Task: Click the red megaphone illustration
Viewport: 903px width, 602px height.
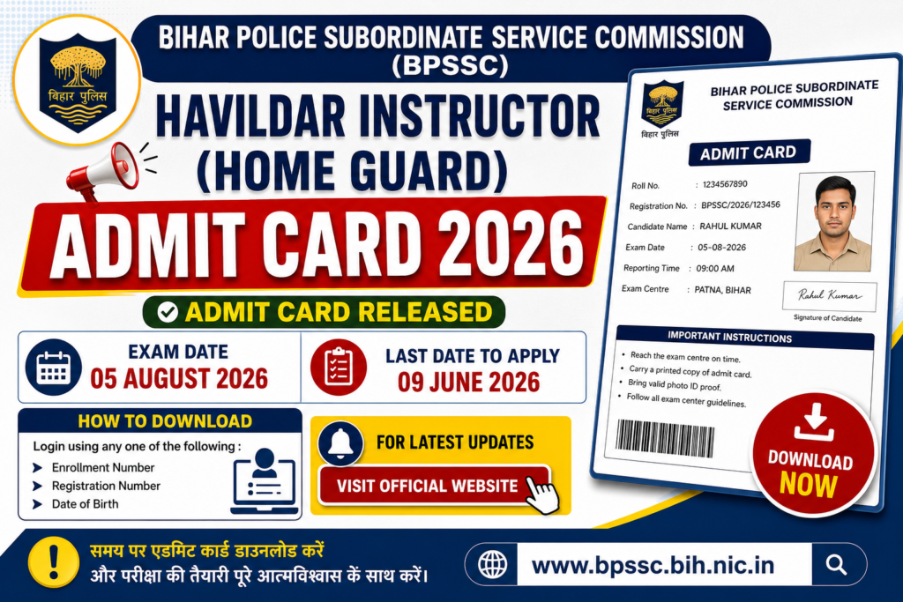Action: coord(104,171)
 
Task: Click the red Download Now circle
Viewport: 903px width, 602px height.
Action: coord(813,454)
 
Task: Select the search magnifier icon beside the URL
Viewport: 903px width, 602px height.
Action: coord(836,565)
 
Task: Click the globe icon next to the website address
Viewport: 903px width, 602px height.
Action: coord(492,565)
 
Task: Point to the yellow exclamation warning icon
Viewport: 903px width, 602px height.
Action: coord(54,561)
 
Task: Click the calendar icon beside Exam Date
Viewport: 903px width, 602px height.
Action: coord(54,368)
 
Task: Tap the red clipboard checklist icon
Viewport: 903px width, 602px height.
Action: coord(339,368)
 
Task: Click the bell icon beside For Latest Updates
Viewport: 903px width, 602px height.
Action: coord(340,443)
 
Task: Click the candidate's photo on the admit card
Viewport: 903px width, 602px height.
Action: coord(834,222)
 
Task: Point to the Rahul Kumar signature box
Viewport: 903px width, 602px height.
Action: coord(829,296)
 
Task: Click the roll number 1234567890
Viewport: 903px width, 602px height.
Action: coord(725,184)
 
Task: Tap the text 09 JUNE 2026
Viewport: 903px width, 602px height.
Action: coord(469,383)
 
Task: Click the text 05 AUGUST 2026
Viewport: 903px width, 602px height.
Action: coord(179,378)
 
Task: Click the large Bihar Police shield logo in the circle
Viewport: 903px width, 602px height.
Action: coord(78,82)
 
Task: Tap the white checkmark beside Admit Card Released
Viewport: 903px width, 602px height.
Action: coord(168,313)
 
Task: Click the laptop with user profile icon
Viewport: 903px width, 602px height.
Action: coord(265,481)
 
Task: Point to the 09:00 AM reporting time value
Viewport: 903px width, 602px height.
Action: coord(715,268)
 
